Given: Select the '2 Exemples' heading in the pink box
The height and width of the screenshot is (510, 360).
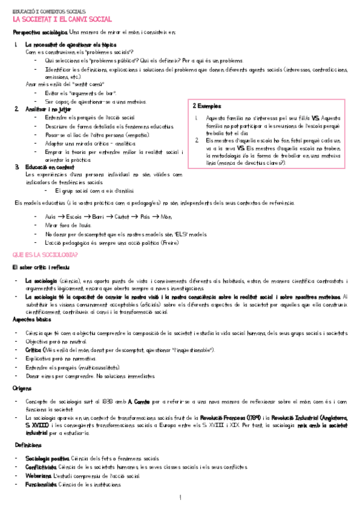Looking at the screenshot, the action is pos(207,106).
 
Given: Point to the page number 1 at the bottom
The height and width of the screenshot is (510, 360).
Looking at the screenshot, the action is pos(180,498).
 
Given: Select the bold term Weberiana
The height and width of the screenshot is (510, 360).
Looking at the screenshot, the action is pos(38,476).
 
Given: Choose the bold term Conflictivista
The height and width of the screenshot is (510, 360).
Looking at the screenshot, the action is pos(41,467).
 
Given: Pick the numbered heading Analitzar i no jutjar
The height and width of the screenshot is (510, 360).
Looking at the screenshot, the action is pos(49,109).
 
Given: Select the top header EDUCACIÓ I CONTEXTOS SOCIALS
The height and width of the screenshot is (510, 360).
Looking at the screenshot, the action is pos(49,11).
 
